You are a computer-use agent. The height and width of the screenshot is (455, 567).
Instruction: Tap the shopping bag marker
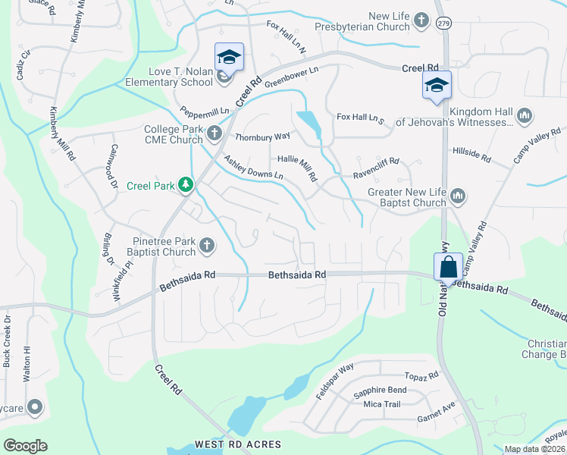tap(448, 268)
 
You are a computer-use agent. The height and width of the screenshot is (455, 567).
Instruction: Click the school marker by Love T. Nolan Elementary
tap(229, 57)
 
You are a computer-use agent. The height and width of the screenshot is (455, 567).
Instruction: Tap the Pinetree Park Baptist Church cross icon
tap(205, 245)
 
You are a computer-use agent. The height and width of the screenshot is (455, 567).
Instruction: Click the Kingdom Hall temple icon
tap(525, 115)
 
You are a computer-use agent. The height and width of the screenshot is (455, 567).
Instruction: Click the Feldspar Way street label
tap(335, 382)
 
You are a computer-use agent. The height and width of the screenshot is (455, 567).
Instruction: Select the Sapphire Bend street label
tap(380, 391)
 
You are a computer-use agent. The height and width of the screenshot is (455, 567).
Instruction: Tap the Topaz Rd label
tap(421, 376)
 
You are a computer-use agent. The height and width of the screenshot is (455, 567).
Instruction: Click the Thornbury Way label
tap(263, 137)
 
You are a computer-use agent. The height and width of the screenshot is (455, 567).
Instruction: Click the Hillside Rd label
tap(471, 153)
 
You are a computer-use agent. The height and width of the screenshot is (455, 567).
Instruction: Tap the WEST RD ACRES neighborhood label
tap(238, 444)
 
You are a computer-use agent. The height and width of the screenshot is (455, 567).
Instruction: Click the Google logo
tap(25, 446)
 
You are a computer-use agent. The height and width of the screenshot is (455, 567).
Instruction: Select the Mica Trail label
tap(381, 404)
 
